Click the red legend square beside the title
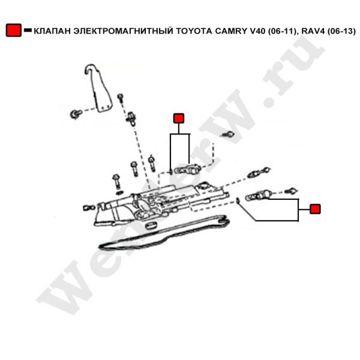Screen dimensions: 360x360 (14, 30)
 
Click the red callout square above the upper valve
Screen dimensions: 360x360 (179, 118)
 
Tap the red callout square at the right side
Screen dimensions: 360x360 (315, 209)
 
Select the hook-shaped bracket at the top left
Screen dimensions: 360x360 (98, 88)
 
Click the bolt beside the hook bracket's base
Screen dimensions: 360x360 (76, 114)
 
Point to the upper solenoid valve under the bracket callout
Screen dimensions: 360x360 (188, 169)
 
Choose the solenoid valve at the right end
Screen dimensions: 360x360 (259, 195)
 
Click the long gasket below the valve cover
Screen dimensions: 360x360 (164, 232)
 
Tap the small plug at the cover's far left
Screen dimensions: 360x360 (89, 208)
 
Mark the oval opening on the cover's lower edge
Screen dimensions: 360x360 (151, 225)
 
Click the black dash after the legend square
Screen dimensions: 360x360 (28, 30)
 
